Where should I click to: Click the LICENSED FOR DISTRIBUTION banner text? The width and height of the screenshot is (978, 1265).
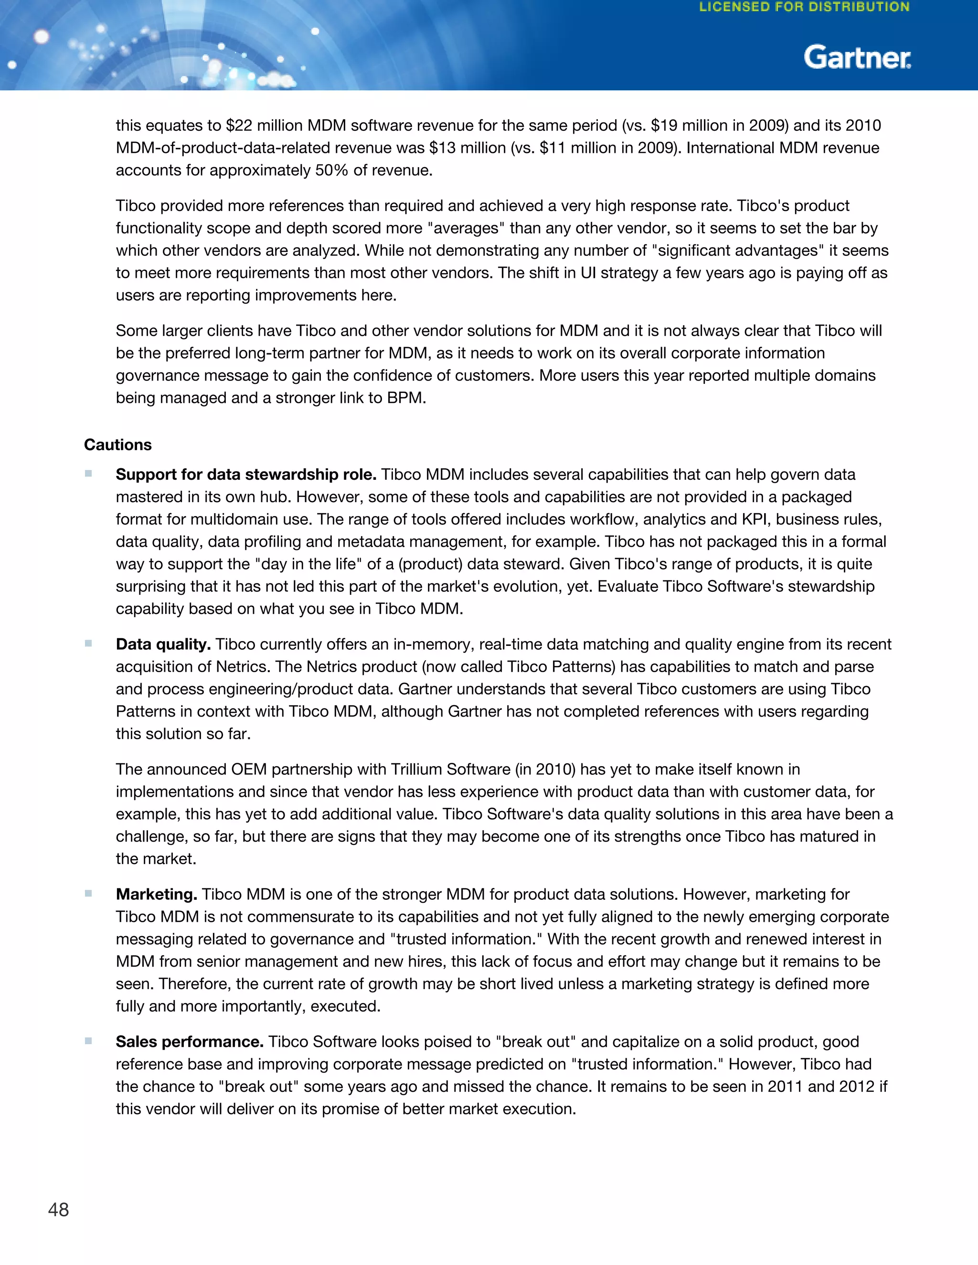pos(804,8)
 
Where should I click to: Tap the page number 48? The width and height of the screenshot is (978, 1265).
pos(59,1210)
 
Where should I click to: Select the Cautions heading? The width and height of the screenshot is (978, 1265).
pos(117,445)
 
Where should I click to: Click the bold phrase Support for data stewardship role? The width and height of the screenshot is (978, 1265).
pos(245,474)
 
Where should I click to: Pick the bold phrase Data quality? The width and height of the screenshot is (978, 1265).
pos(163,644)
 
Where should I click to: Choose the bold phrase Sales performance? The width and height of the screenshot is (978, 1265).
pos(190,1042)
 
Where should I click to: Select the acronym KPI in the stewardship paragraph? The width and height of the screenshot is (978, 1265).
pos(754,519)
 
